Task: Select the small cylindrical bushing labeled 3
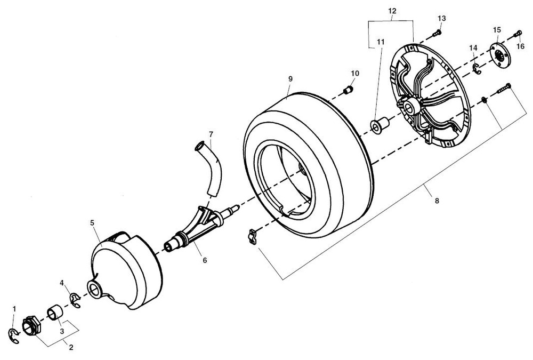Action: click(x=56, y=313)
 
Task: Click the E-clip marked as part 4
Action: click(x=75, y=300)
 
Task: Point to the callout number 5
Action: click(x=93, y=222)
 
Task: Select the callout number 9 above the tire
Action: click(x=290, y=79)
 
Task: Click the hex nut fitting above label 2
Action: click(x=30, y=325)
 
